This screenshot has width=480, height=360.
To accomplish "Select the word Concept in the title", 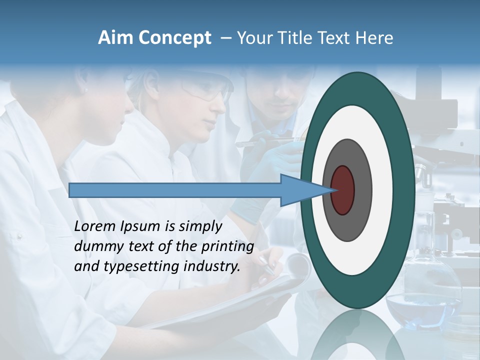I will coord(174,38).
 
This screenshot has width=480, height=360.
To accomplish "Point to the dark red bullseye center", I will coord(342,190).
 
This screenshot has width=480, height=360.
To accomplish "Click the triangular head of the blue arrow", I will coord(300,190).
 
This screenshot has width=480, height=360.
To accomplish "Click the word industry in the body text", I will coord(213,266).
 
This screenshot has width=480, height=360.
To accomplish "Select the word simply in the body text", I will coord(200,226).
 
